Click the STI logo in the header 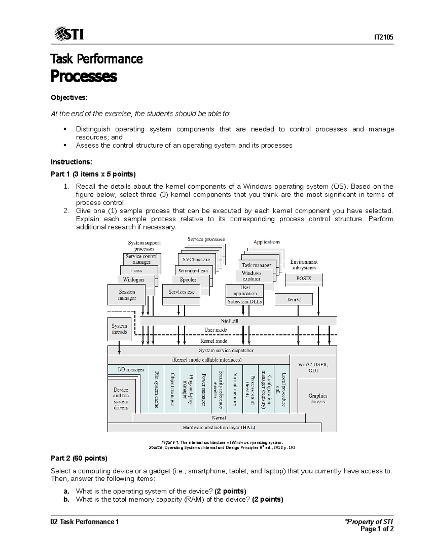pyautogui.click(x=69, y=34)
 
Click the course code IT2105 pyautogui.click(x=384, y=37)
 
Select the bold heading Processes pyautogui.click(x=84, y=76)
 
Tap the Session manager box pyautogui.click(x=126, y=295)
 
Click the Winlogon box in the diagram pyautogui.click(x=133, y=280)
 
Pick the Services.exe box pyautogui.click(x=181, y=292)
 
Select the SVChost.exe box pyautogui.click(x=196, y=259)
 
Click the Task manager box pyautogui.click(x=256, y=265)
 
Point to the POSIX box pyautogui.click(x=303, y=278)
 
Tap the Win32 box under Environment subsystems pyautogui.click(x=294, y=299)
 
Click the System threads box pyautogui.click(x=119, y=329)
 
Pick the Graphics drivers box pyautogui.click(x=318, y=398)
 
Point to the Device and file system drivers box pyautogui.click(x=121, y=398)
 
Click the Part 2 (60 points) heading pyautogui.click(x=79, y=458)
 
